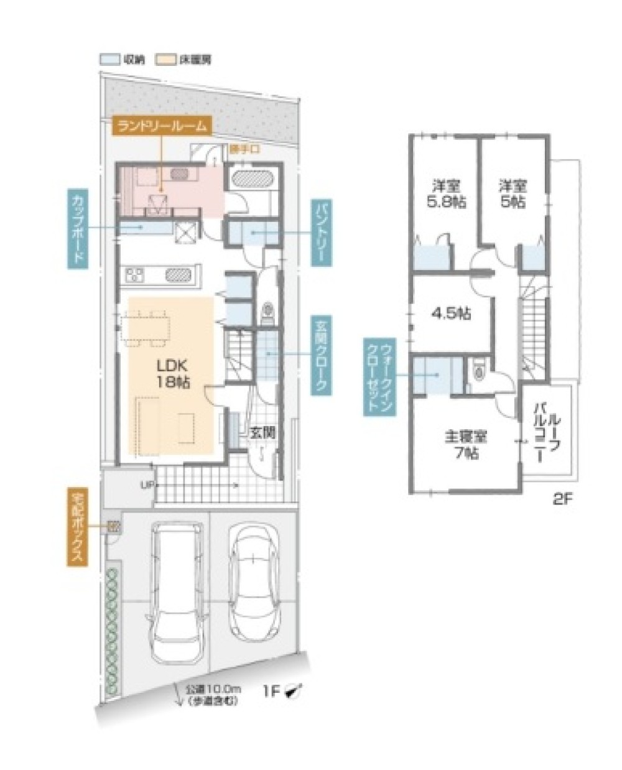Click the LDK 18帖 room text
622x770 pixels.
coord(170,374)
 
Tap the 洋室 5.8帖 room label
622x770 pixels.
coord(445,194)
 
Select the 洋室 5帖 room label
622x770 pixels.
coord(512,194)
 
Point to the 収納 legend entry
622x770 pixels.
coord(119,60)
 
